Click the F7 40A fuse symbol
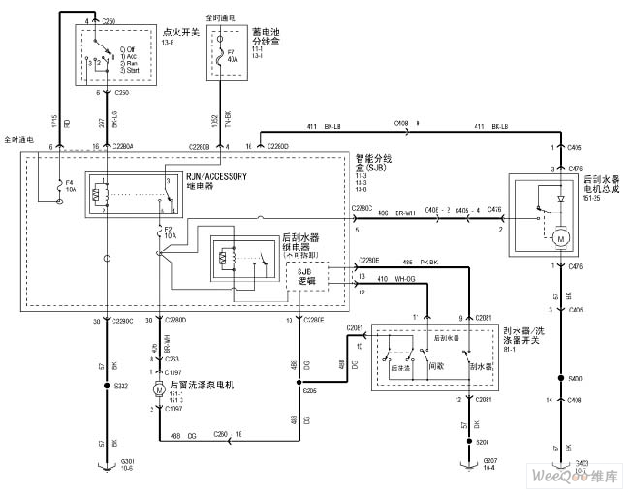226,60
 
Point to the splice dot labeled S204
464,440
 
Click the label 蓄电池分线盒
266,33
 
